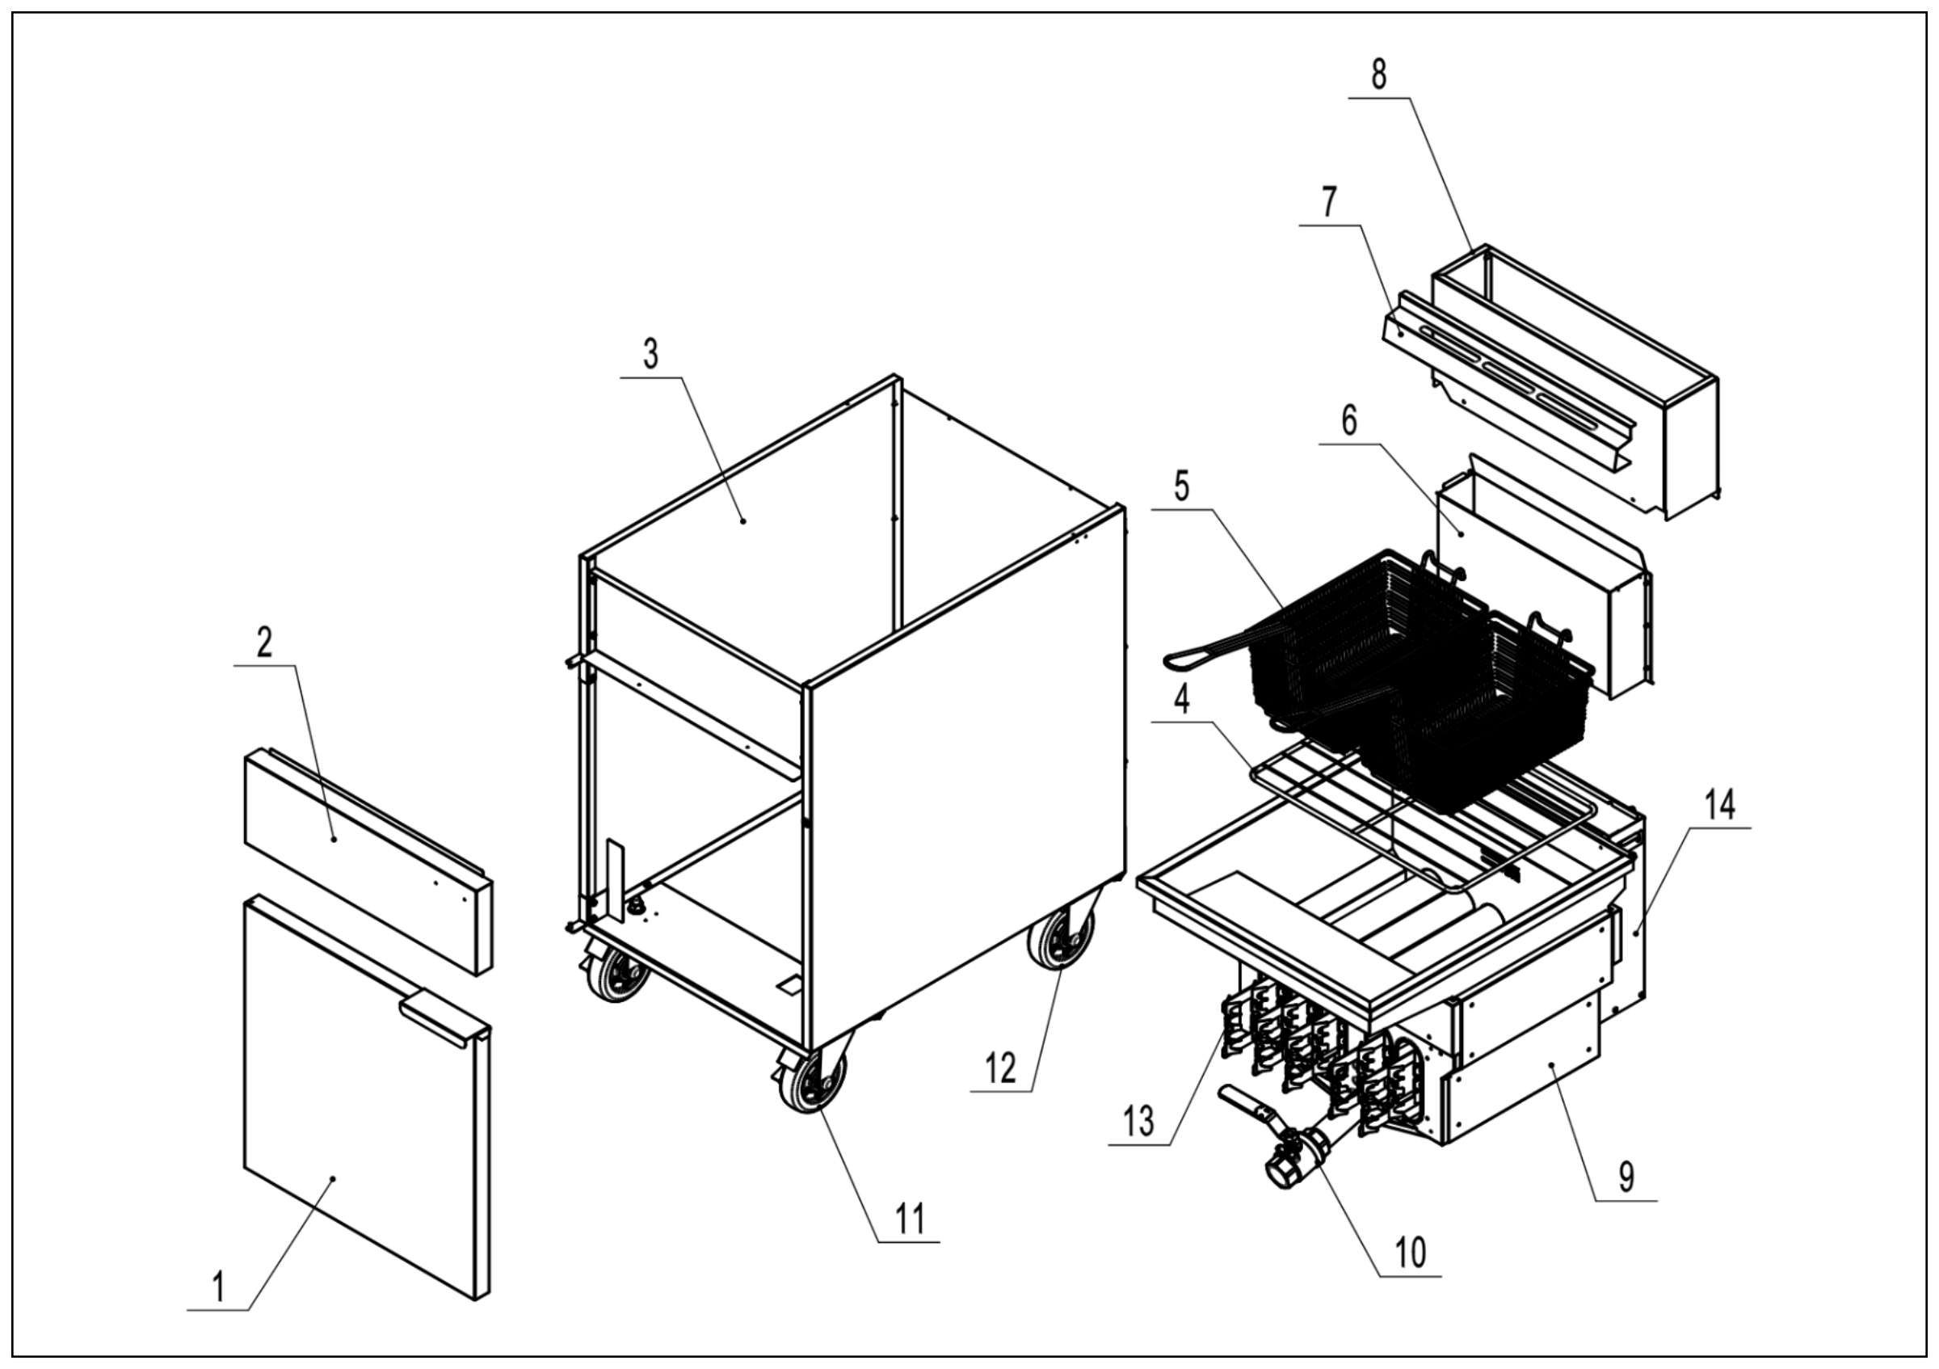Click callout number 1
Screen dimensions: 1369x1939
(x=218, y=1288)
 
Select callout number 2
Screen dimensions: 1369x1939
(x=264, y=642)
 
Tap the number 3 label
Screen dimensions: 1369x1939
(x=650, y=355)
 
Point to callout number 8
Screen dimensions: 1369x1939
(x=1378, y=74)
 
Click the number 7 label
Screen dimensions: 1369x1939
(x=1330, y=203)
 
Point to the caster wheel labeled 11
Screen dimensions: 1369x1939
(x=813, y=1083)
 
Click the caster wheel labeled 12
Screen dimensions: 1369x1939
(x=1060, y=939)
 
